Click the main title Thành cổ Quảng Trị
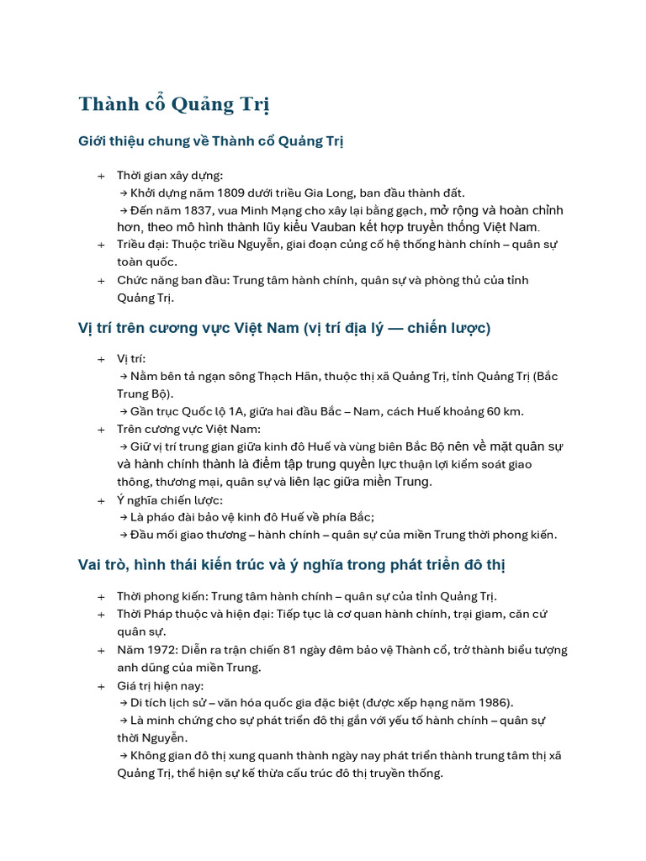[174, 104]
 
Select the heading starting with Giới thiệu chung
[211, 140]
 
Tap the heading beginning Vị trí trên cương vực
[284, 327]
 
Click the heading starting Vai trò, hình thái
[292, 564]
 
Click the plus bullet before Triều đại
[101, 245]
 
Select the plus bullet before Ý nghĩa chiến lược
[101, 500]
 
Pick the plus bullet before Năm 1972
[101, 650]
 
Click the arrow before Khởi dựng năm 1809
[123, 193]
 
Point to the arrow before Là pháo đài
[123, 517]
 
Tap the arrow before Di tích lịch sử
[123, 702]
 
